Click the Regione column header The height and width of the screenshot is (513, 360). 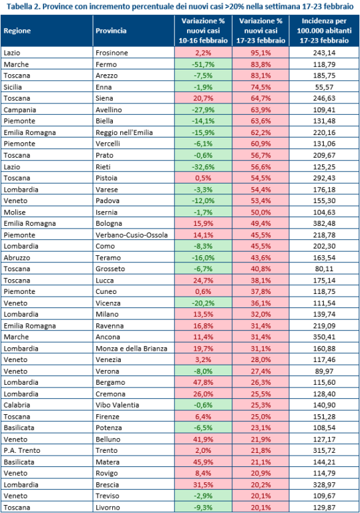tap(17, 31)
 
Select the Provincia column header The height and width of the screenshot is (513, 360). tap(111, 31)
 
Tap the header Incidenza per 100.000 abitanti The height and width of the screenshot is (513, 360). tap(324, 31)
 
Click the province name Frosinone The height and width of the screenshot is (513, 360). tap(112, 53)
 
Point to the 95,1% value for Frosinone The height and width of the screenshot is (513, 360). tap(261, 53)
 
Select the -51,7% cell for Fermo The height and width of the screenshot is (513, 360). tap(203, 64)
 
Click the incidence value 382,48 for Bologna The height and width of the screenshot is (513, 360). tap(324, 224)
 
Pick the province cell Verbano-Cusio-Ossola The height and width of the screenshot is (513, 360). tap(132, 235)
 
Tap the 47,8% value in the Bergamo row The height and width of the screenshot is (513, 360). tap(203, 383)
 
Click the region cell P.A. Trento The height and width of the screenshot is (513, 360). tap(22, 450)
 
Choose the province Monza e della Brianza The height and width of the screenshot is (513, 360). tap(131, 349)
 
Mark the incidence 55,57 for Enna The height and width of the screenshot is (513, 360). tap(324, 87)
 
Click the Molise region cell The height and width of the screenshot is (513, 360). tap(15, 212)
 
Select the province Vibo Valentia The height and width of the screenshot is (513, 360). tap(117, 405)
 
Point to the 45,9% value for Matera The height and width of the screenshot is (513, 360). tap(203, 462)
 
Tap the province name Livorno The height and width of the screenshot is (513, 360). tap(108, 508)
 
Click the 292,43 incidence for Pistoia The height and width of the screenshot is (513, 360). tap(324, 178)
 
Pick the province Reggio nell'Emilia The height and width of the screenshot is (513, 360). tap(124, 132)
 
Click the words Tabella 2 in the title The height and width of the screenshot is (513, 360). tap(22, 7)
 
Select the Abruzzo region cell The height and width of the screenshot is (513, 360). tap(17, 257)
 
